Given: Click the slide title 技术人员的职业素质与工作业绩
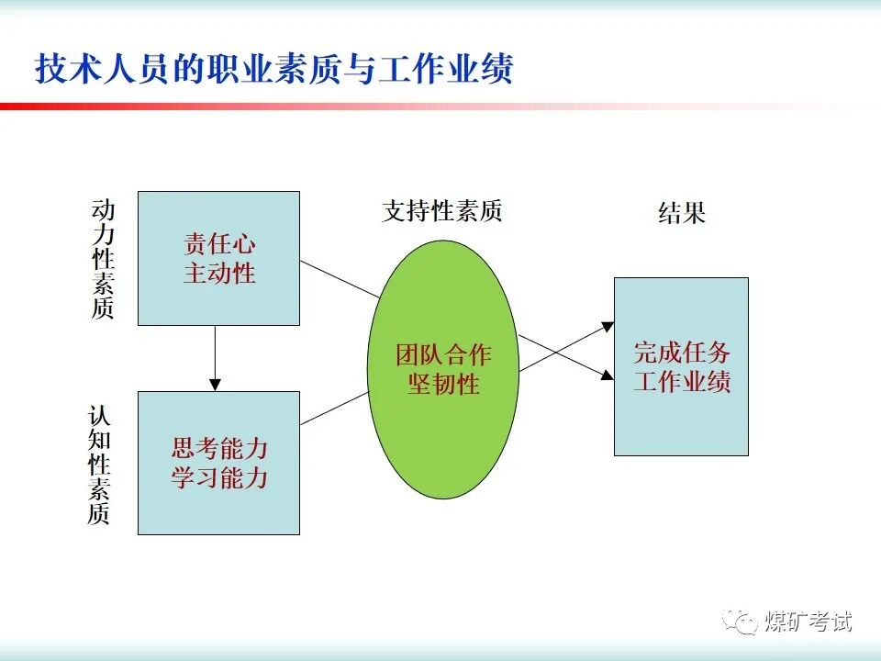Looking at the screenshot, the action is (x=273, y=70).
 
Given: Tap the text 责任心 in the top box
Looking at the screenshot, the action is (x=219, y=244).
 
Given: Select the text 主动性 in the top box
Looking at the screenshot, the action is (x=219, y=274).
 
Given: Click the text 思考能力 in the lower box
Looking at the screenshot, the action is (x=219, y=448).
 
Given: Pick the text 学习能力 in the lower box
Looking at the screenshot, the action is (x=219, y=477).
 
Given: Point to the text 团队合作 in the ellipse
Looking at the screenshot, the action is (x=443, y=354).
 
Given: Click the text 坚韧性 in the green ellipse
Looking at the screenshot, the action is (x=443, y=384).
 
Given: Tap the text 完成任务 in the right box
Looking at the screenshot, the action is (x=682, y=353).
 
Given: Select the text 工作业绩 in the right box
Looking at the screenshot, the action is (x=682, y=382).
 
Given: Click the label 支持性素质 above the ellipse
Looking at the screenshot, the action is (x=442, y=212).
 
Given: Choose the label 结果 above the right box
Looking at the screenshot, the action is (x=682, y=214).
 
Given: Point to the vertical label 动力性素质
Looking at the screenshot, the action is (x=103, y=259).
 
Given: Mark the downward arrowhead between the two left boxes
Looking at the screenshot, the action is (x=216, y=384).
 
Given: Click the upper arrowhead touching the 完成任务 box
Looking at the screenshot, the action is (x=608, y=325).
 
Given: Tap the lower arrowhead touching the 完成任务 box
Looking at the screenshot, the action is (x=608, y=375).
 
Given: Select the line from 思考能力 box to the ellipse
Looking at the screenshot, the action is (x=335, y=409).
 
